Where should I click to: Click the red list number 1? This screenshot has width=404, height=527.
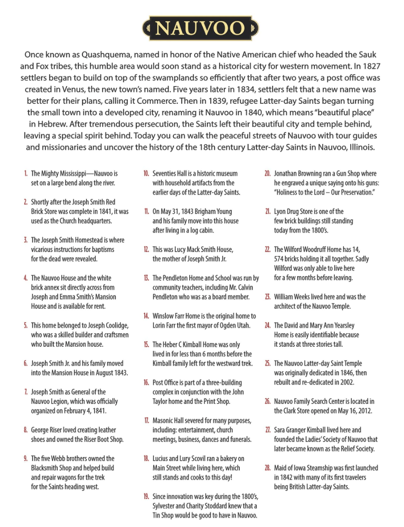[26, 173]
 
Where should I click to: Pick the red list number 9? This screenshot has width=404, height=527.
[25, 458]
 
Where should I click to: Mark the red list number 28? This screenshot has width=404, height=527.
[268, 468]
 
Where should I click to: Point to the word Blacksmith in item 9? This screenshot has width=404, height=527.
[45, 468]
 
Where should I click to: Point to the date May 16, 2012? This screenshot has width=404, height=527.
[353, 411]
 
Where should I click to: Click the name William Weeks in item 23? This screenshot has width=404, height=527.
[292, 297]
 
